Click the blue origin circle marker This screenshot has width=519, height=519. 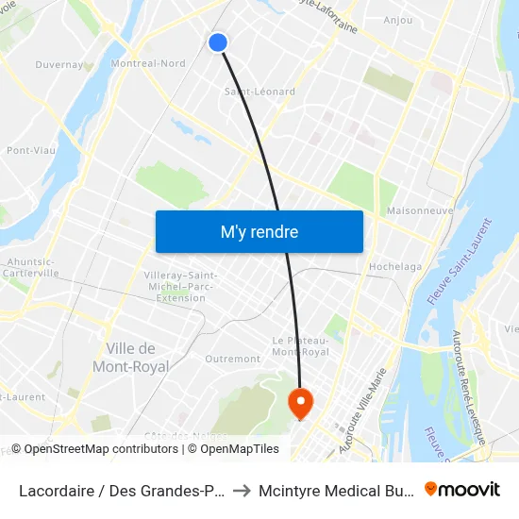click(x=218, y=42)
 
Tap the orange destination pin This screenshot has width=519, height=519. click(x=300, y=403)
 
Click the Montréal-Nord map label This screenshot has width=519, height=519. click(x=148, y=63)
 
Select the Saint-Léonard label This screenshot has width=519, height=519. click(x=259, y=92)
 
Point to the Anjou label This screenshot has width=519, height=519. click(x=398, y=20)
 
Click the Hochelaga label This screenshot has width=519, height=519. click(x=395, y=267)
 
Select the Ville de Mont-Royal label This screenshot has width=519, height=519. click(x=130, y=357)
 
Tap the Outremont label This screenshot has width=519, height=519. click(x=232, y=359)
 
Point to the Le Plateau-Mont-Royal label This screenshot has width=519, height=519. click(x=300, y=345)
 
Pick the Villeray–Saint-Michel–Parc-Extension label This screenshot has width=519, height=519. click(x=181, y=286)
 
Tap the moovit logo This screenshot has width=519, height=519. click(x=462, y=489)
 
